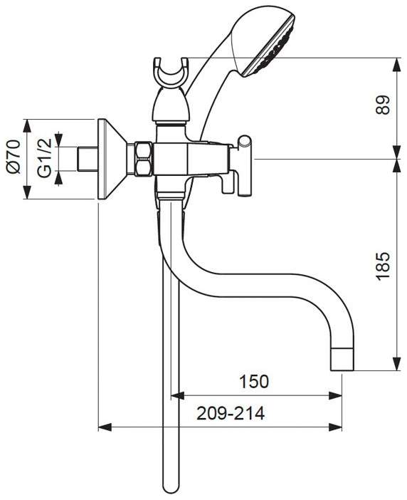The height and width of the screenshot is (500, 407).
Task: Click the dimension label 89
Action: (383, 105)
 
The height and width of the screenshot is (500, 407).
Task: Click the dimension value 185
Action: (383, 266)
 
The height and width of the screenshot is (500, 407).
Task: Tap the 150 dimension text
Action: (254, 381)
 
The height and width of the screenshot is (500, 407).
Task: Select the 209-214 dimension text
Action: (231, 413)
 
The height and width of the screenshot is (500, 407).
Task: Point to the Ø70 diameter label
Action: (13, 157)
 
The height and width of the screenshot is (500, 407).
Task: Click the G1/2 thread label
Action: (44, 158)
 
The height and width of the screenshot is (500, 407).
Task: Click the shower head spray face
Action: (270, 48)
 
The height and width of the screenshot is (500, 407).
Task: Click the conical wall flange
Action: (112, 160)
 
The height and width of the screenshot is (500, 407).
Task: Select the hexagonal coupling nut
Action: (143, 160)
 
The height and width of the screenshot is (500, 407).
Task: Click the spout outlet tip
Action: (342, 359)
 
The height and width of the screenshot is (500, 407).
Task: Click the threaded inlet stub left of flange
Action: (88, 160)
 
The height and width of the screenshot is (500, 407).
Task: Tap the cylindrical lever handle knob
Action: (245, 165)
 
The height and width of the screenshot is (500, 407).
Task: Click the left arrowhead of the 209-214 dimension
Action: (105, 427)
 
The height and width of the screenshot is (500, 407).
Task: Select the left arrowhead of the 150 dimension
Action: (178, 396)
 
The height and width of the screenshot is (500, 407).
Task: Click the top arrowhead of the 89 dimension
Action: (396, 65)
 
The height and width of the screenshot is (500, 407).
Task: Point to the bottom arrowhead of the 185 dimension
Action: (396, 364)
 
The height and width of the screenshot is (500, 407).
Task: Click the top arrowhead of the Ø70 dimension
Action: (26, 126)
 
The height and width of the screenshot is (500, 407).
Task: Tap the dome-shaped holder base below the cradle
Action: (171, 105)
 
